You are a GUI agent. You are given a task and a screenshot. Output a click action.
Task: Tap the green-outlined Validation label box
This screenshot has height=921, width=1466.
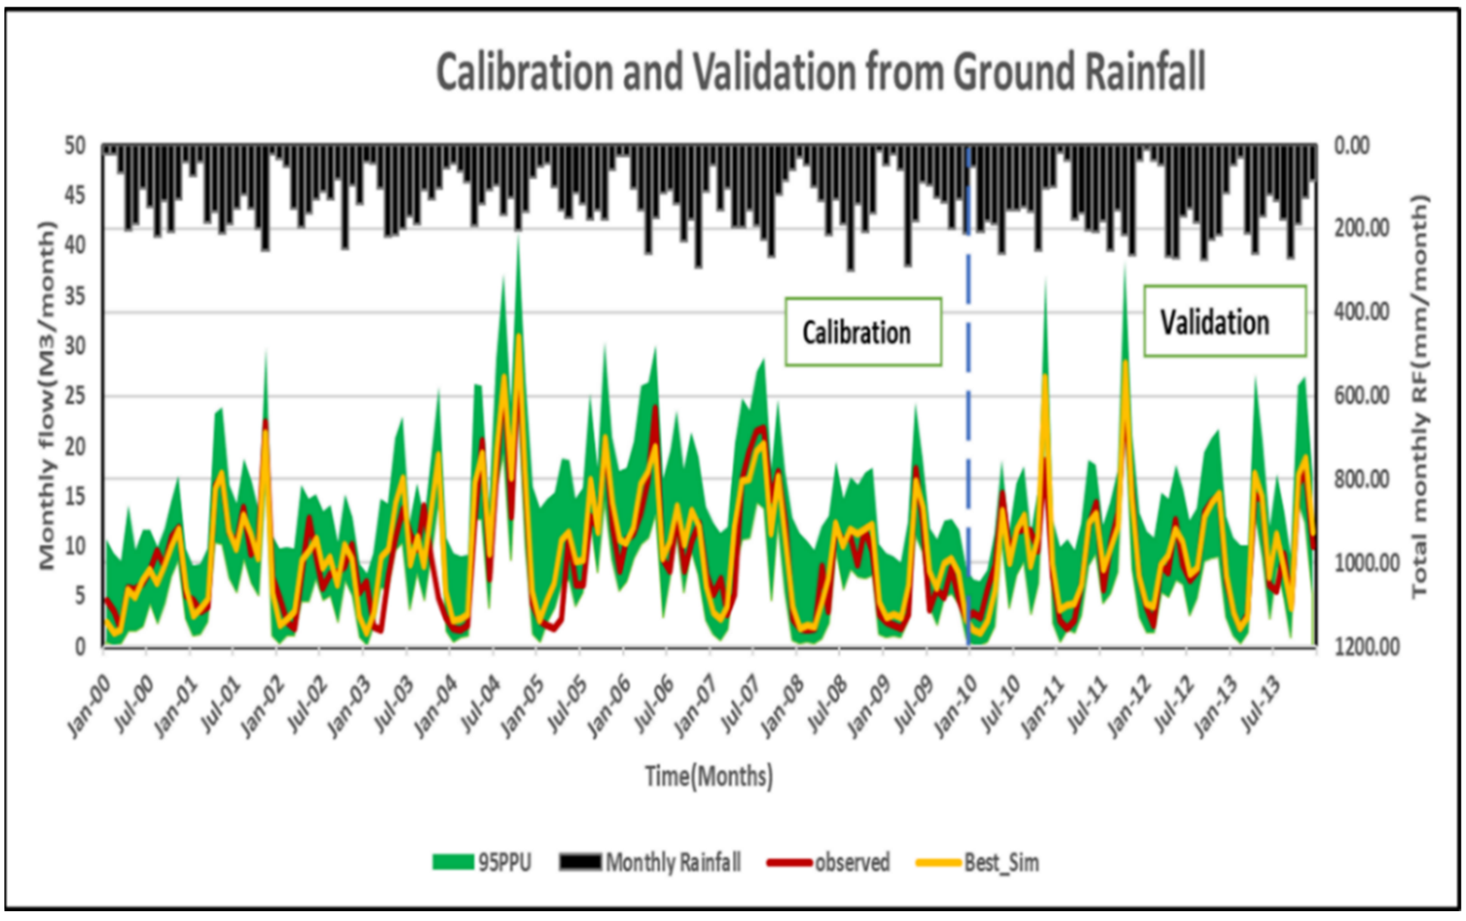(1224, 321)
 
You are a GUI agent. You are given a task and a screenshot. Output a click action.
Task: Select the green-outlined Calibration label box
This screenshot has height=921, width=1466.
(863, 332)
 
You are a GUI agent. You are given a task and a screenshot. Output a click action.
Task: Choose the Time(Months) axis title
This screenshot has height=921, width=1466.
(709, 776)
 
